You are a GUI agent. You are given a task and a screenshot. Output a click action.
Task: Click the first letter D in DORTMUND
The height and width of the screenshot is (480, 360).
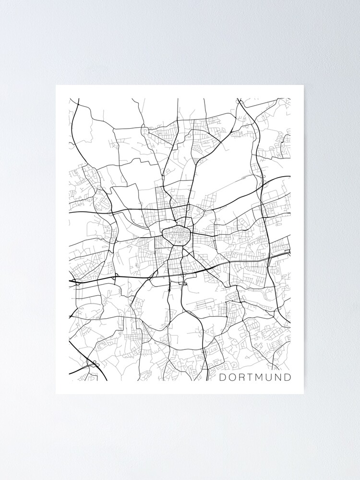223,377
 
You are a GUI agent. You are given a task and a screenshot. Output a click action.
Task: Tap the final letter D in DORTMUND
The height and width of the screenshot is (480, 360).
288,377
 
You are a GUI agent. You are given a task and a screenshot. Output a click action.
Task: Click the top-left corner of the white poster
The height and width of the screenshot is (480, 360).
56,85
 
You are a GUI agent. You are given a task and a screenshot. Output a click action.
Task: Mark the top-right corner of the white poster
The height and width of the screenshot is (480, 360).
303,85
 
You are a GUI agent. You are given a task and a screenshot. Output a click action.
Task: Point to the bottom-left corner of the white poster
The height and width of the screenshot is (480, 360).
56,394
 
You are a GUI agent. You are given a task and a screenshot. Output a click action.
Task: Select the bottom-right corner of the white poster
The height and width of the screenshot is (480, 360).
303,394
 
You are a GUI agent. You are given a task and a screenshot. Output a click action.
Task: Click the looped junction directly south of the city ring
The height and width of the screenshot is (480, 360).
183,284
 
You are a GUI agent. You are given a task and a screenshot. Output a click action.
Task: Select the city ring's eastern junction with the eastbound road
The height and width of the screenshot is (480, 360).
191,234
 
